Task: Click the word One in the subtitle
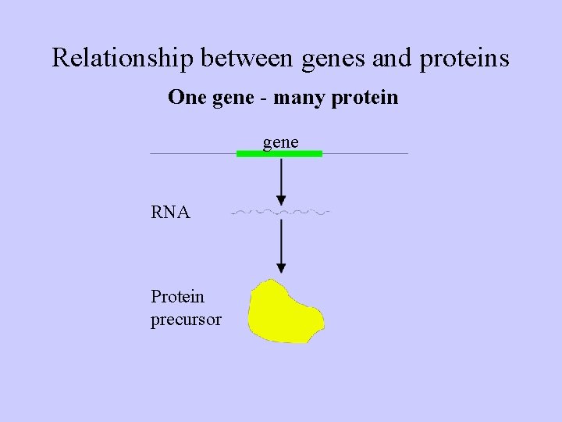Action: pyautogui.click(x=184, y=98)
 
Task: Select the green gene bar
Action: pyautogui.click(x=279, y=154)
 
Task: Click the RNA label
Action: pyautogui.click(x=170, y=212)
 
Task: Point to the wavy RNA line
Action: pyautogui.click(x=281, y=212)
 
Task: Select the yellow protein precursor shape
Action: pyautogui.click(x=284, y=312)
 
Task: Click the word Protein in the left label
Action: pyautogui.click(x=177, y=297)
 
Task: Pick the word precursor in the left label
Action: pyautogui.click(x=186, y=320)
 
